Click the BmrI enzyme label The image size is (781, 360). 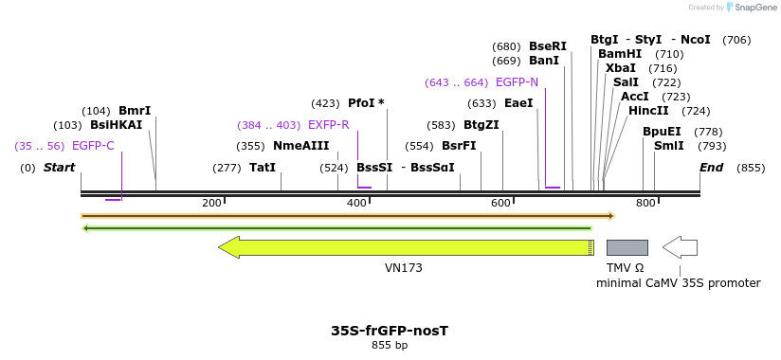[135, 111]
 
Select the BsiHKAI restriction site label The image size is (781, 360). [116, 125]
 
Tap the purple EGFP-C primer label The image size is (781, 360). [93, 146]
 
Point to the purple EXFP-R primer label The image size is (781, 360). [328, 125]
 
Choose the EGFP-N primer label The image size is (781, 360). [517, 82]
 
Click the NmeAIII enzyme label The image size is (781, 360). [300, 146]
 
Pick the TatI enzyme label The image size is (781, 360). [263, 168]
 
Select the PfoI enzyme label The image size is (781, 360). [366, 103]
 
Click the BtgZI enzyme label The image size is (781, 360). [481, 125]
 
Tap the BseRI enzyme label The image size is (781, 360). [548, 46]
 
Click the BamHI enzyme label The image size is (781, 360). [620, 54]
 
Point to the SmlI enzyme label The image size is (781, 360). [669, 146]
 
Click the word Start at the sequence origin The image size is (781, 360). [59, 168]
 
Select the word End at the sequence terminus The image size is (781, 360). [712, 168]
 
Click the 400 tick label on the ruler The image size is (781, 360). [356, 204]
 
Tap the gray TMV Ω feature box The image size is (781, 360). [627, 247]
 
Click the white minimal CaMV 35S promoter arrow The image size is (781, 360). [680, 247]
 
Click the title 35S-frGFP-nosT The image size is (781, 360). [390, 331]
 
